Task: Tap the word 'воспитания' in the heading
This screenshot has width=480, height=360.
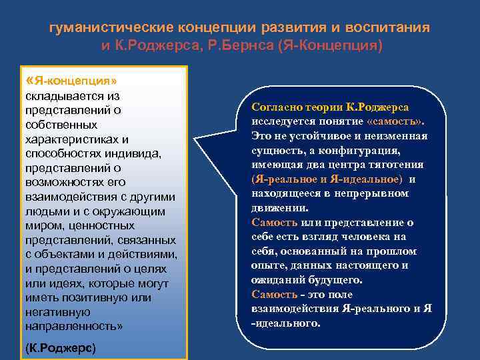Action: pos(391,29)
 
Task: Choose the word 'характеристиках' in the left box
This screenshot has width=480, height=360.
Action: pos(76,139)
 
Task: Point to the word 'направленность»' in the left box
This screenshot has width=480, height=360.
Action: pos(73,326)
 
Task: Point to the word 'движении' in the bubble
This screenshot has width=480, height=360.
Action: pos(274,207)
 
